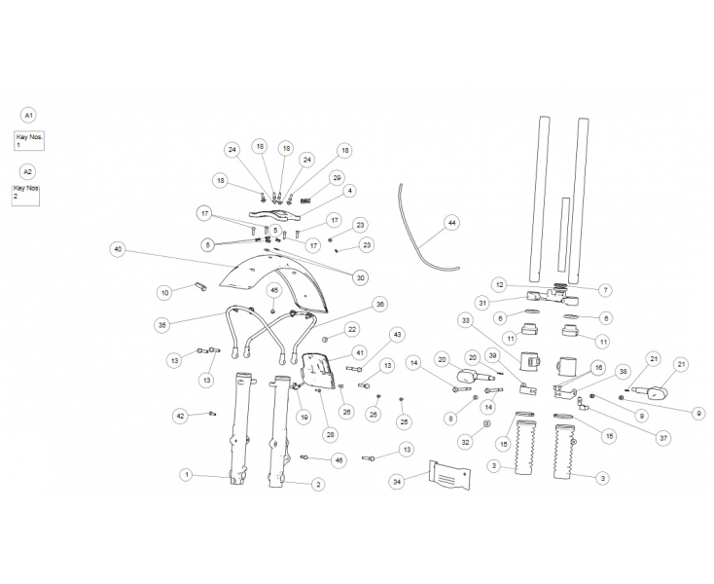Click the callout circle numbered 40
click(x=118, y=249)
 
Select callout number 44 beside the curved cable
click(x=451, y=223)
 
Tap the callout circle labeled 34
click(x=398, y=482)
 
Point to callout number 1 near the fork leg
click(x=186, y=475)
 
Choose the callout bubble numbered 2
click(x=318, y=485)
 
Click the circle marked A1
click(x=28, y=116)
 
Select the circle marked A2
click(x=28, y=171)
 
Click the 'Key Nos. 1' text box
click(x=29, y=141)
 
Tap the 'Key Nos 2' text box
click(x=25, y=196)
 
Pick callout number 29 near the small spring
click(x=337, y=178)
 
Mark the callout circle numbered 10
click(x=164, y=292)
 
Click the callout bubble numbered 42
click(x=181, y=416)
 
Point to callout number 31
click(x=482, y=302)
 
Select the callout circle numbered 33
click(x=465, y=320)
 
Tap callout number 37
click(x=663, y=438)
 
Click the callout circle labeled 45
click(x=274, y=291)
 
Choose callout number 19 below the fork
click(x=303, y=417)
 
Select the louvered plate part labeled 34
click(x=449, y=475)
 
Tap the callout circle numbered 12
click(x=500, y=285)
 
